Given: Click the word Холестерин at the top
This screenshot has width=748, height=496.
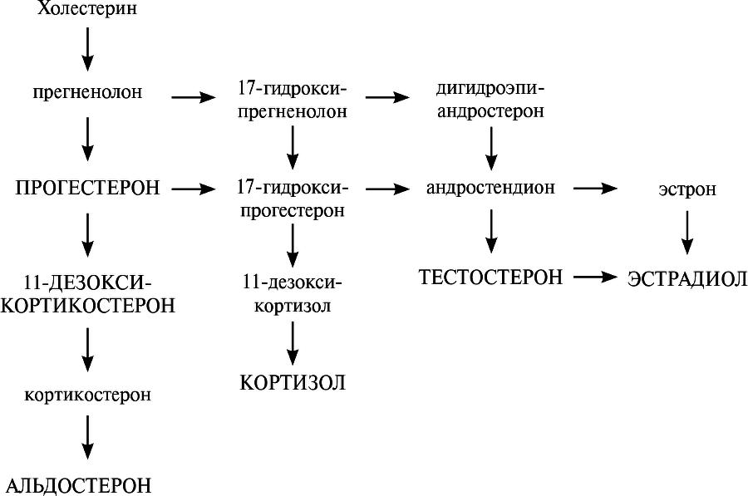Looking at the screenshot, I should click(87, 10).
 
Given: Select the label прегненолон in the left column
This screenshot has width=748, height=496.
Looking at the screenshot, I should click(87, 93).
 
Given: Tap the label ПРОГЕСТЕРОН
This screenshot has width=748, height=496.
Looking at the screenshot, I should click(87, 189).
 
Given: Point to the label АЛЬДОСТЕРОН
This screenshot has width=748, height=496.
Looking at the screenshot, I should click(80, 484).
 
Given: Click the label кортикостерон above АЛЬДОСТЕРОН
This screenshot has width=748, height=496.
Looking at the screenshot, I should click(87, 395).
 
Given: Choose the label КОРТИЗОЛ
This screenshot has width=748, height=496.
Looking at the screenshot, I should click(292, 383).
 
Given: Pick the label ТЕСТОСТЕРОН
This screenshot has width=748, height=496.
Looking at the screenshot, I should click(490, 277).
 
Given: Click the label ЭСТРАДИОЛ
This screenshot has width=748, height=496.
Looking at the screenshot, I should click(687, 278).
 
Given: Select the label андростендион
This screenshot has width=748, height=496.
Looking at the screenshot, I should click(490, 189).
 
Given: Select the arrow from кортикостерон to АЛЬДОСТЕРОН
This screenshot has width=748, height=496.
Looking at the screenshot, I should click(87, 435).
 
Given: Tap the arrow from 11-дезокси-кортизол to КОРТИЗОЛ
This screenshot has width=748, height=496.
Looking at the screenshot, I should click(292, 341).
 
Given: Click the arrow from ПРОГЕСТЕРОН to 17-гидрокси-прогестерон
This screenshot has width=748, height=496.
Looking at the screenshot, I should click(192, 189).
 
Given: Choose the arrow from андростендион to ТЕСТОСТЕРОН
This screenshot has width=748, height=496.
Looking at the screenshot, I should click(491, 231).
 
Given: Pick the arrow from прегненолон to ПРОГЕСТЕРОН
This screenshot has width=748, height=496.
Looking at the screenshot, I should click(87, 139).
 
